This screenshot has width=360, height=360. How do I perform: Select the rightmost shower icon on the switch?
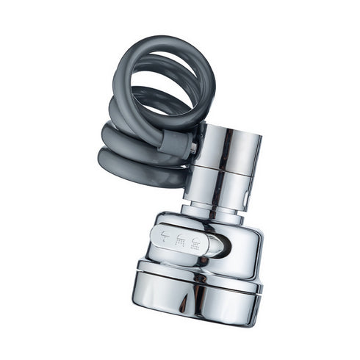[x=195, y=240]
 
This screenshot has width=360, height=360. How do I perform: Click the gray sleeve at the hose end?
[x=176, y=143]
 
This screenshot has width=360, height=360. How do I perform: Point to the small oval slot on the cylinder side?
[x=245, y=198]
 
